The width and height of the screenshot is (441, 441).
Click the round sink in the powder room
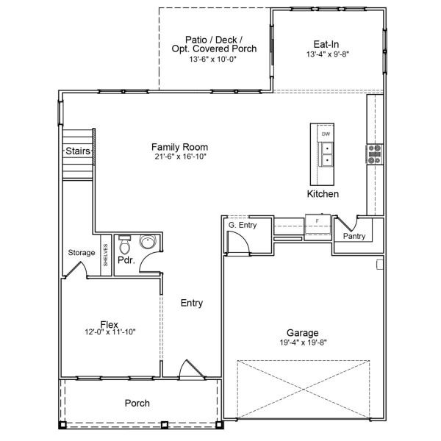tap(148, 242)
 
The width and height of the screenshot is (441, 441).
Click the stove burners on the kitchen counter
tap(375, 153)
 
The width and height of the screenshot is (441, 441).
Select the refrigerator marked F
tap(317, 221)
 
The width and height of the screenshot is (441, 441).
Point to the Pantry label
tap(354, 236)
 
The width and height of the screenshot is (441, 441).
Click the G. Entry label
tap(242, 225)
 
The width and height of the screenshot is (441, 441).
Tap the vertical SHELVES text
tap(105, 255)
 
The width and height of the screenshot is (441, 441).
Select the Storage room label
tap(82, 253)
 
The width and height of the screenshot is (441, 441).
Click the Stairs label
tap(77, 151)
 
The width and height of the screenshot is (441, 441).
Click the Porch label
tap(137, 403)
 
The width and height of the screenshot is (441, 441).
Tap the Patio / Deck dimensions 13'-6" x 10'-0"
tap(212, 59)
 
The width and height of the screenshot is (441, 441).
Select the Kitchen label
tap(323, 194)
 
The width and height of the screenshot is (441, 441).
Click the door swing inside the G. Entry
tap(239, 241)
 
